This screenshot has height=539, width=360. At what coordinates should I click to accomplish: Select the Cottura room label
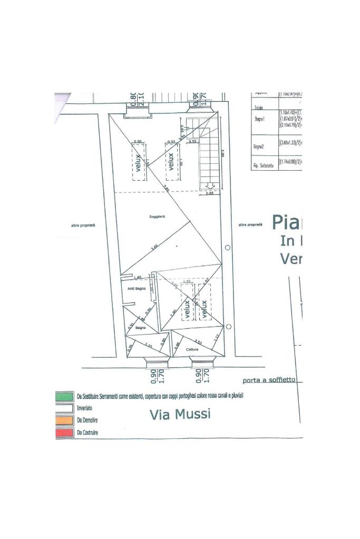(192, 349)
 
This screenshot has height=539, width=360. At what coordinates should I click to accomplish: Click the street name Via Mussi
(180, 414)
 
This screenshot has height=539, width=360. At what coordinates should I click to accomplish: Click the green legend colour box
(64, 396)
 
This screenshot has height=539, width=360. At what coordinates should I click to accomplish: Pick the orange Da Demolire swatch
(64, 420)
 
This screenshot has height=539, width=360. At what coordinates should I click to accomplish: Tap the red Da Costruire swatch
(64, 433)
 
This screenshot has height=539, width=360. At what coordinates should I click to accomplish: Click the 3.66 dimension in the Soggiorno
(154, 247)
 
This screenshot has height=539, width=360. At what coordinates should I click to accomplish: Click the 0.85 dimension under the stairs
(209, 194)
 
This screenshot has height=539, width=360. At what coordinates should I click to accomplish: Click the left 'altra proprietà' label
(83, 226)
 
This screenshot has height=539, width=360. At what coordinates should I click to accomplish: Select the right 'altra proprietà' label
(250, 225)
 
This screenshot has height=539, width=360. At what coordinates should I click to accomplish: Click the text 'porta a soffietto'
(269, 380)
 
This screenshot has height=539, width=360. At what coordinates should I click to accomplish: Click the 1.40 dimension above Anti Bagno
(138, 278)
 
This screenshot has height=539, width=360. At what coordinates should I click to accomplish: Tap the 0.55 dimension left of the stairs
(193, 141)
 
